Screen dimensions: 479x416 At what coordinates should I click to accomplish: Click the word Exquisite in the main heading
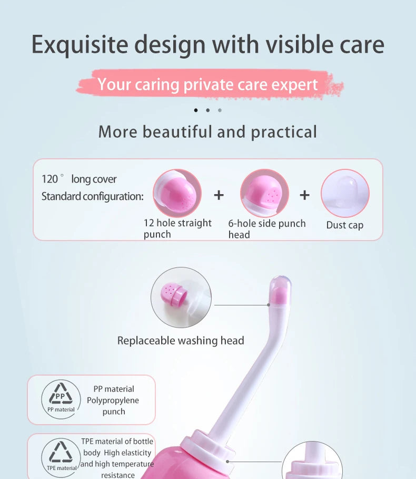coord(79,44)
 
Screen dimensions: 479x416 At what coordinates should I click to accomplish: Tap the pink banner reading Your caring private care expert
coord(208,84)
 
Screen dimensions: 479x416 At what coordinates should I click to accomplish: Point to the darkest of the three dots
coord(196,110)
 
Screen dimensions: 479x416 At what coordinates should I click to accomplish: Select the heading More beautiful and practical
coord(208,131)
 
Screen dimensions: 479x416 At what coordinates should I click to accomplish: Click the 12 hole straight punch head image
coord(177,193)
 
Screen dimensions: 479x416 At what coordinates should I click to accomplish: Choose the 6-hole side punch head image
coord(264,193)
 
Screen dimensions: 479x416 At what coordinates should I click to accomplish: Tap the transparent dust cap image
coord(345,193)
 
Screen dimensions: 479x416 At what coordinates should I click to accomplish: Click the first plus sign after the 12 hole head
coord(219,195)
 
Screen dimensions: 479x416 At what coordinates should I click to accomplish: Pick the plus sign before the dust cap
coord(304,195)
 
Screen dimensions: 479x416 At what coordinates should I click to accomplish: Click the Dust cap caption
coord(345,225)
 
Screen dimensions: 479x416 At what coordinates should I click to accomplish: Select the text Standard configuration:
coord(92,196)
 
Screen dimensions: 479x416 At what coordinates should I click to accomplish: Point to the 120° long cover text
coord(79,179)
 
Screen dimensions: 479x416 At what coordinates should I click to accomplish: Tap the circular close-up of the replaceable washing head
coord(181,297)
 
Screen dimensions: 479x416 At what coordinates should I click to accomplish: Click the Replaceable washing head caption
coord(181,341)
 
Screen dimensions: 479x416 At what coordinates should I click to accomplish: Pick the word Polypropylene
coord(113,400)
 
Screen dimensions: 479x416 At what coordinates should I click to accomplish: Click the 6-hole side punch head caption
coord(266,228)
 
